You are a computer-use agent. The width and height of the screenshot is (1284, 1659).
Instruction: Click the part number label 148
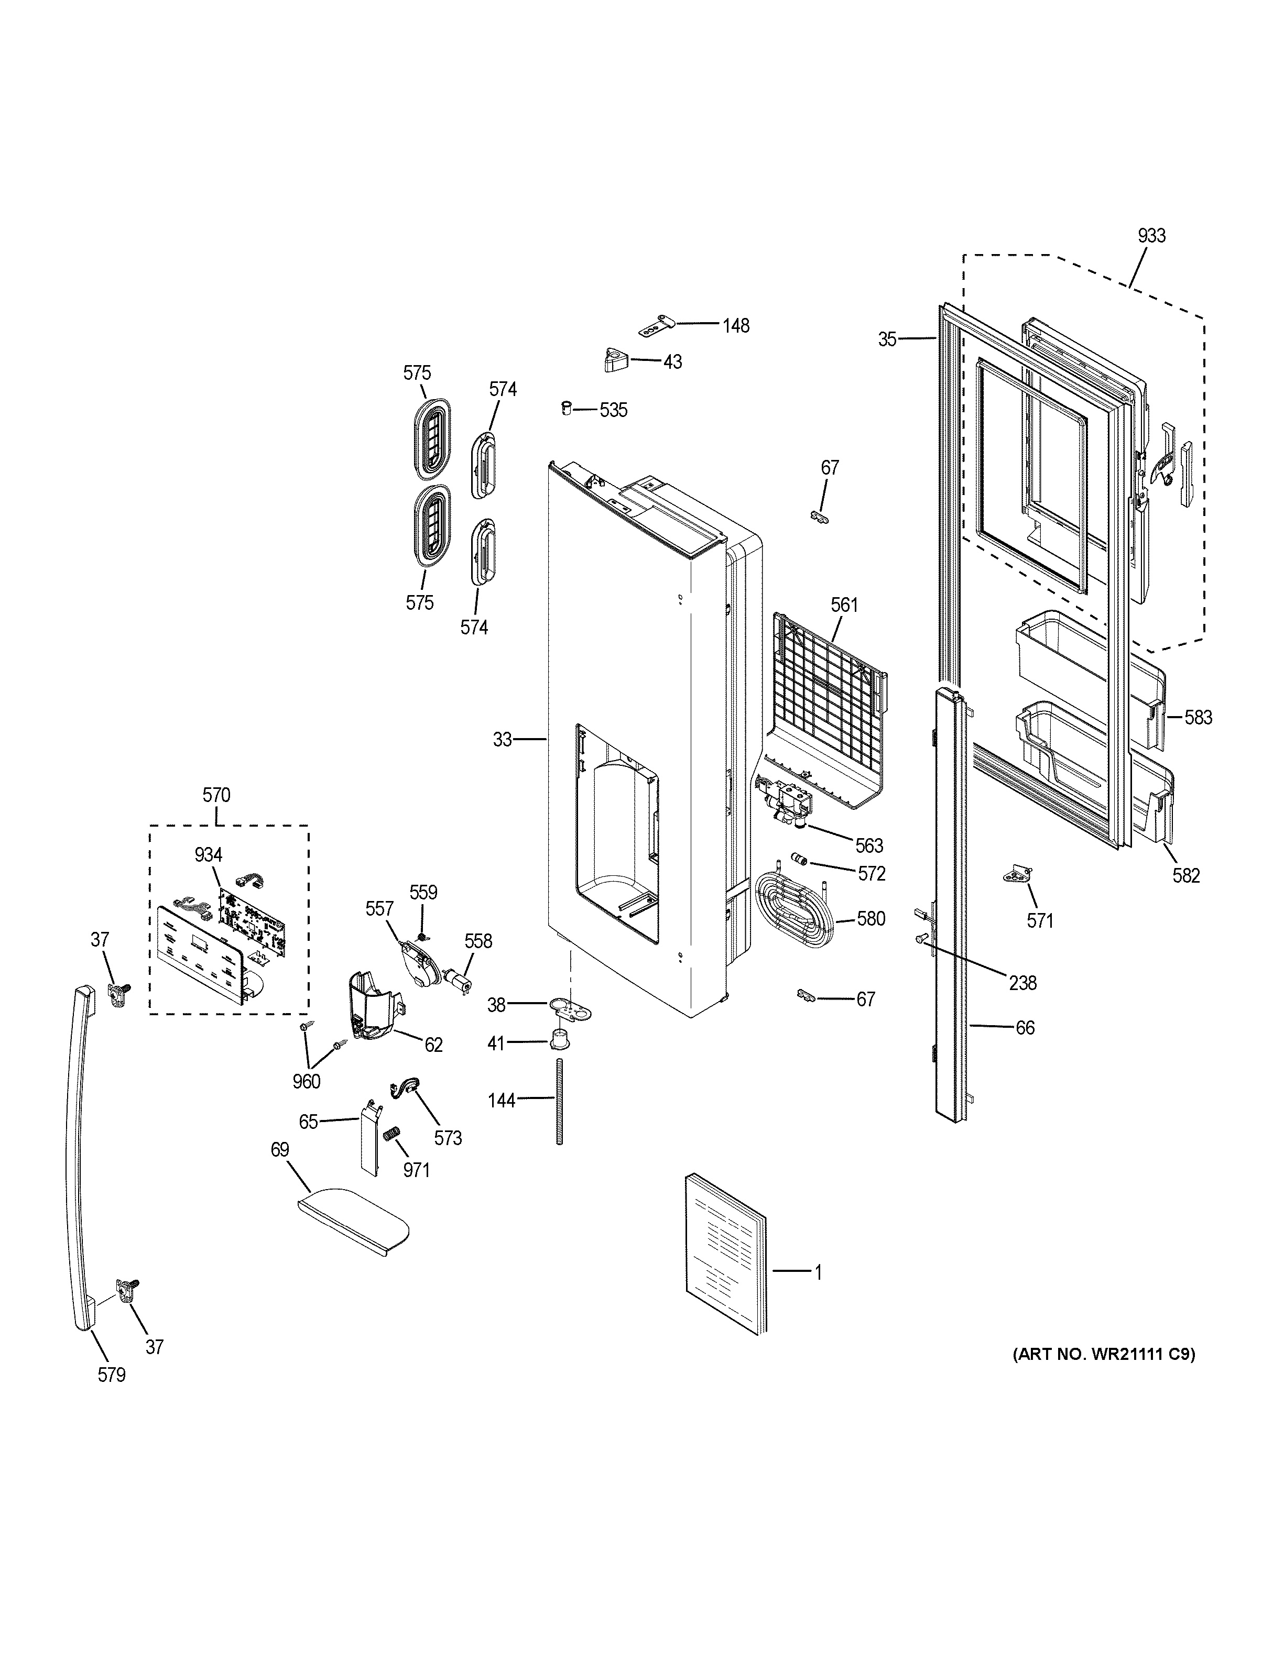coord(735,326)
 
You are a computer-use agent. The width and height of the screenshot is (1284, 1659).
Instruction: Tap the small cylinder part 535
coord(566,409)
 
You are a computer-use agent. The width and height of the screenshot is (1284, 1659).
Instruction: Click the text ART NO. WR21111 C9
coord(1103,1353)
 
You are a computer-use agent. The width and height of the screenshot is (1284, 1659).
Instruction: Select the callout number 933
coord(1151,236)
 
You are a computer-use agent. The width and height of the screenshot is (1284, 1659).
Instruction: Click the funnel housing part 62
coord(372,1006)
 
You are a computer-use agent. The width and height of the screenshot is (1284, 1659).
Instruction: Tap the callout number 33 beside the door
coord(502,739)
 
